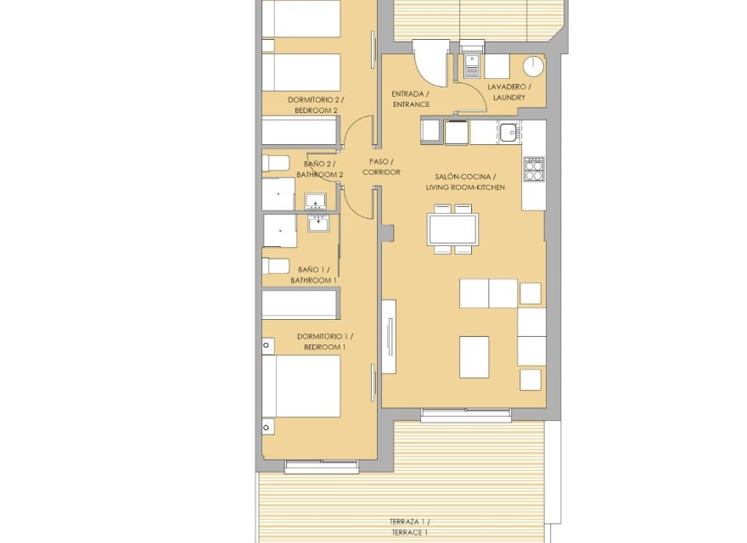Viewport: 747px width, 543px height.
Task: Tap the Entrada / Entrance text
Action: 410,98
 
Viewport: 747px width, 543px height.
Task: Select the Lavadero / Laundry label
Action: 508,92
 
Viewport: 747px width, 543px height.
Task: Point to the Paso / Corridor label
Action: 380,166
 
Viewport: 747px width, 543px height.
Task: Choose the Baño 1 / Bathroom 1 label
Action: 313,274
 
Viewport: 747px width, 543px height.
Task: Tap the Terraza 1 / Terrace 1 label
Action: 409,526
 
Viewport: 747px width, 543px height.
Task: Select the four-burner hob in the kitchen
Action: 534,171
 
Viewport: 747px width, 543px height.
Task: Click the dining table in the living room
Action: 452,229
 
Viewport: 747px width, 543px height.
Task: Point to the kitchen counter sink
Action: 508,132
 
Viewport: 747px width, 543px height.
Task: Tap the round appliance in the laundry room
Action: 533,66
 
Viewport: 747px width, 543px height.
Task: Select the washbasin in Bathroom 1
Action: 318,224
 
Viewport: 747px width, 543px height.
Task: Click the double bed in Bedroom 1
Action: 301,386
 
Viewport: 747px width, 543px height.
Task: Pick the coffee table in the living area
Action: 474,356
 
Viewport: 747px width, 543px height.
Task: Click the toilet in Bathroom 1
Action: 275,266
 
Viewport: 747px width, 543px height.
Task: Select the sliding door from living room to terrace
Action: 466,415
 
